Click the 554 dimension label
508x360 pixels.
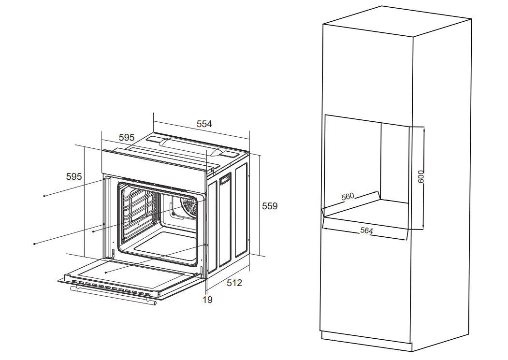click(204, 124)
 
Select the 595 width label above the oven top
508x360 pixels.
click(126, 137)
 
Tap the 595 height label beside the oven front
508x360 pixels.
click(74, 176)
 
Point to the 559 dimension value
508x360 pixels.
click(270, 206)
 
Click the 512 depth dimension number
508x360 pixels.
click(234, 283)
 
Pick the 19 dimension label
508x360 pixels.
click(208, 300)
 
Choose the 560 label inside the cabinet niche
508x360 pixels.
click(348, 196)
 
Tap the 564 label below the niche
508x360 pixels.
click(366, 230)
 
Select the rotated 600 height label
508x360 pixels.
click(421, 176)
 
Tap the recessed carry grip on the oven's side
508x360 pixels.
click(225, 178)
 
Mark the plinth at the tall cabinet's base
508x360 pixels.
click(366, 342)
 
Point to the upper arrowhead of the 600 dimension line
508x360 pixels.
click(423, 129)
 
